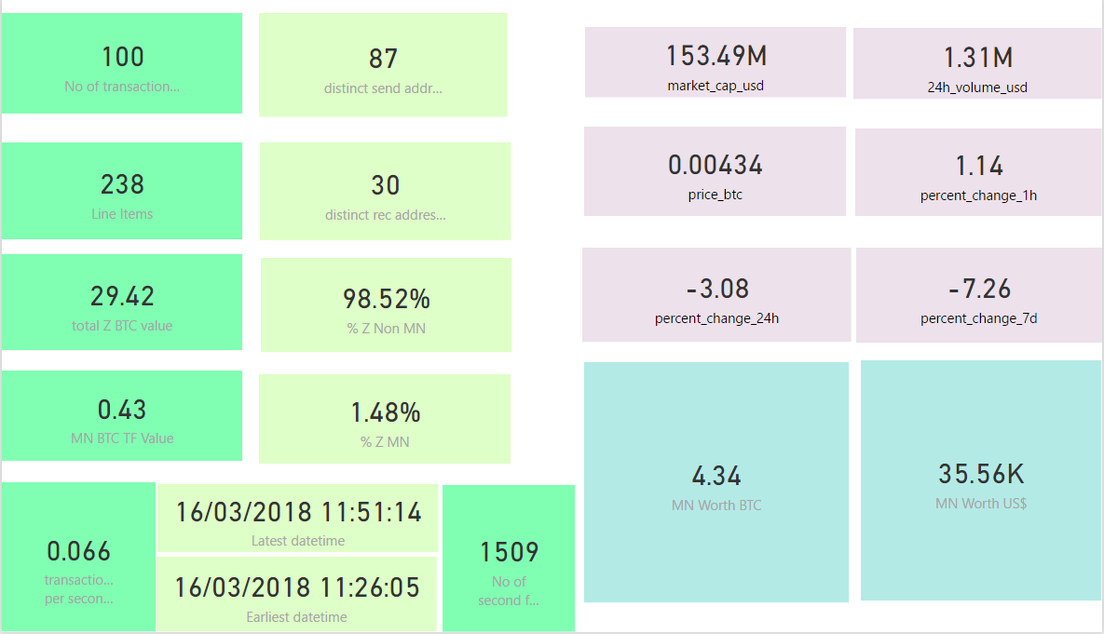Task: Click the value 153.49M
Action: click(716, 56)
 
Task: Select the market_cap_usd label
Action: click(716, 86)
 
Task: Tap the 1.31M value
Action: click(978, 58)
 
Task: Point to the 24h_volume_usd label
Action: click(977, 88)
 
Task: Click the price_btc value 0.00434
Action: click(716, 165)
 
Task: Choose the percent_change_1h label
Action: click(978, 196)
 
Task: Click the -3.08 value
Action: click(717, 289)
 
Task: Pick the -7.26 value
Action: click(979, 289)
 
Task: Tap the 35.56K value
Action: click(981, 474)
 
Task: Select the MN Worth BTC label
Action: click(716, 506)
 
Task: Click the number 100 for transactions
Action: click(122, 57)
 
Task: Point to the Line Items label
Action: click(122, 214)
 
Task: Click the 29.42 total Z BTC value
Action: click(122, 296)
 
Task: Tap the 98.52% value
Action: click(386, 299)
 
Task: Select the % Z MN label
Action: click(385, 442)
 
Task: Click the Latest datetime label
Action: click(298, 541)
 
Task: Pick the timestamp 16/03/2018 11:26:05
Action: click(297, 587)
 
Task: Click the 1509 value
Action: click(509, 552)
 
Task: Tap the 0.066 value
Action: click(78, 552)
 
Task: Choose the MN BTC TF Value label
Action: click(122, 438)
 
